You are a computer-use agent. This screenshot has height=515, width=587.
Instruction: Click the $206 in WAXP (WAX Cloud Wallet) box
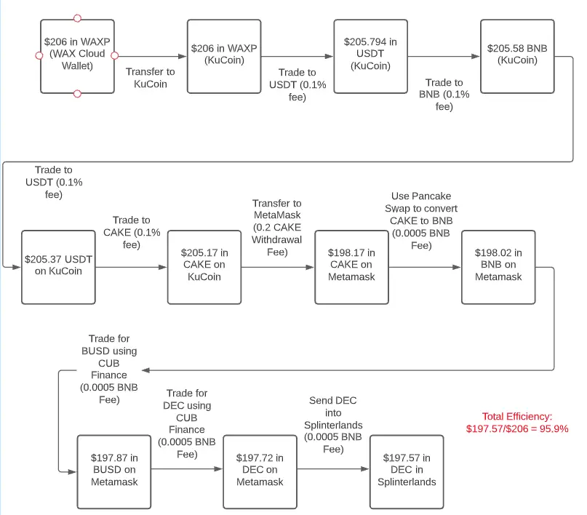click(x=77, y=56)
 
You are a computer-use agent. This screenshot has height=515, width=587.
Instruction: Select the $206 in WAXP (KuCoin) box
click(x=224, y=56)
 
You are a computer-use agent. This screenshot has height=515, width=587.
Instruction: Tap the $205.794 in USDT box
click(x=371, y=56)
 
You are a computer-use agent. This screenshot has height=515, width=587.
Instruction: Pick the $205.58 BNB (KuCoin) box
click(x=517, y=56)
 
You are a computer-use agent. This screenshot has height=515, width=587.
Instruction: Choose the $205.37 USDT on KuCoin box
click(x=58, y=267)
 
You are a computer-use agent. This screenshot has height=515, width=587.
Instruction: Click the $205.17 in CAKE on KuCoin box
click(x=204, y=267)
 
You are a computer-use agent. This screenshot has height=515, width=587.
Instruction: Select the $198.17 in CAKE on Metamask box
click(x=351, y=267)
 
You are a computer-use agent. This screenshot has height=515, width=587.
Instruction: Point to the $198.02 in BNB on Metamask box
click(x=498, y=267)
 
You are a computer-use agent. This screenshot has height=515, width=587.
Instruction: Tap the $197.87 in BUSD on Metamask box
click(x=114, y=471)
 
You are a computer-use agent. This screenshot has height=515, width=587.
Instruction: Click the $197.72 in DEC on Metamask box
click(x=260, y=471)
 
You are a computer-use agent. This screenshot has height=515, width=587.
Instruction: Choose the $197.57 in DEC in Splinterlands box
click(x=407, y=471)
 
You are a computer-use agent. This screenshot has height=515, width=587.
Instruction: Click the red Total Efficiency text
click(x=517, y=423)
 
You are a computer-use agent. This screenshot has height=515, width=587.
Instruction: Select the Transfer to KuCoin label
click(x=150, y=78)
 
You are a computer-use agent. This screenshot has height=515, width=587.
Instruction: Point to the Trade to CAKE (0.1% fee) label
click(x=132, y=232)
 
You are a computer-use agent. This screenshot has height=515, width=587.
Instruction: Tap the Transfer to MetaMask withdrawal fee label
click(x=276, y=228)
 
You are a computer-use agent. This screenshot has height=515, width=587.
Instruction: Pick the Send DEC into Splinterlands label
click(x=333, y=425)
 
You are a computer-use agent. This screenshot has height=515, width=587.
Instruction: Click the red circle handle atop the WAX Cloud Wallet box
click(x=77, y=18)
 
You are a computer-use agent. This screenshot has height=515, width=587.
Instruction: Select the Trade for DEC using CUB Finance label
click(x=187, y=423)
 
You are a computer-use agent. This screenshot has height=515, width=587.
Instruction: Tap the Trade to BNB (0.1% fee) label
click(x=444, y=95)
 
